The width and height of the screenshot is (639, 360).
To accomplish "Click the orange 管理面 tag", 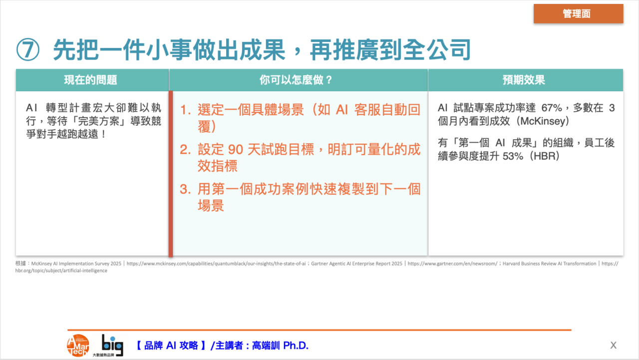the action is point(578,13).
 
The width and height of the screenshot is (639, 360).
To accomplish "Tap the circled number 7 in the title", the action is point(27,49).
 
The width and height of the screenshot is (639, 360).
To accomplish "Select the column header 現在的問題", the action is point(90,80).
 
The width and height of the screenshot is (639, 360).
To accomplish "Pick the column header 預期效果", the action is point(524,80).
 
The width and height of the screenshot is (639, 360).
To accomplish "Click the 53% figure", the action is point(513,156).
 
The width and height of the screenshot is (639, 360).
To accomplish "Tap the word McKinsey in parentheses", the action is point(544,121).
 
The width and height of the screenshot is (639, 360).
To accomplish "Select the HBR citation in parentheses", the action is point(544,156).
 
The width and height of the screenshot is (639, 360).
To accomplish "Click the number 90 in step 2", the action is point(236,149).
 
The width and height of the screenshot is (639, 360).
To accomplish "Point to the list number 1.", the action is point(185,110).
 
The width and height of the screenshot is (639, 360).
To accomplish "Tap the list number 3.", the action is point(185,189).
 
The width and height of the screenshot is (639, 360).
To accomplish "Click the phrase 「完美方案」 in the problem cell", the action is point(98,121).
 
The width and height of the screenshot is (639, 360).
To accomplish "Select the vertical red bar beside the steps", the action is point(171,174).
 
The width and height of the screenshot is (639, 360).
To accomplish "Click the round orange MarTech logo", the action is point(78,346).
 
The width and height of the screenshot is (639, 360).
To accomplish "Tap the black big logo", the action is point(112,345).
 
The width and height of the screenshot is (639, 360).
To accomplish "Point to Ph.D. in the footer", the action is point(296,346).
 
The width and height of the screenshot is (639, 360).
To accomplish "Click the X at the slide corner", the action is point(614,346).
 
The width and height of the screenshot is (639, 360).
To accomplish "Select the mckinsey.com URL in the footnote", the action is point(216,264).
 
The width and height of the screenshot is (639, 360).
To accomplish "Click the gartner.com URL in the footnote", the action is point(452,264).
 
